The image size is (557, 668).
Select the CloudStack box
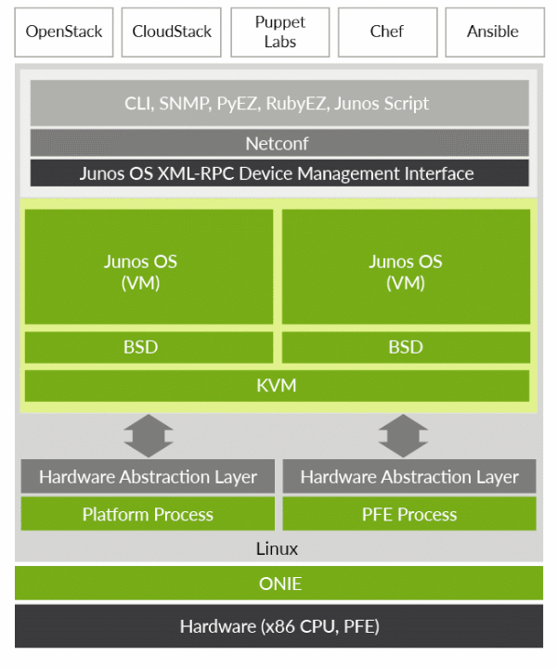(172, 32)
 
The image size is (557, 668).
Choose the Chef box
(386, 32)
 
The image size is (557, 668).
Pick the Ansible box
(493, 32)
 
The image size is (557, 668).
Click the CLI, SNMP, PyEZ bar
(278, 103)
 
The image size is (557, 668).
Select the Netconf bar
(278, 143)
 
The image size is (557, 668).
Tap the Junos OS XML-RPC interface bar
(278, 173)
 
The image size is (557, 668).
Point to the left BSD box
(149, 347)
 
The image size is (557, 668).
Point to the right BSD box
(406, 347)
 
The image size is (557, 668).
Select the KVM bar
(278, 385)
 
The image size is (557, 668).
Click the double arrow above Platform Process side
(149, 435)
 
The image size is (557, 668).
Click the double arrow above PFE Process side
(403, 435)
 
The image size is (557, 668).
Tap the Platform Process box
(149, 513)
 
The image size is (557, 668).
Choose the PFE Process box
(408, 513)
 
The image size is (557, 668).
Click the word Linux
(278, 548)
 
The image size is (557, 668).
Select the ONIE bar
(278, 584)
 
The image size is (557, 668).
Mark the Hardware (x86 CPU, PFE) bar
(278, 626)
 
